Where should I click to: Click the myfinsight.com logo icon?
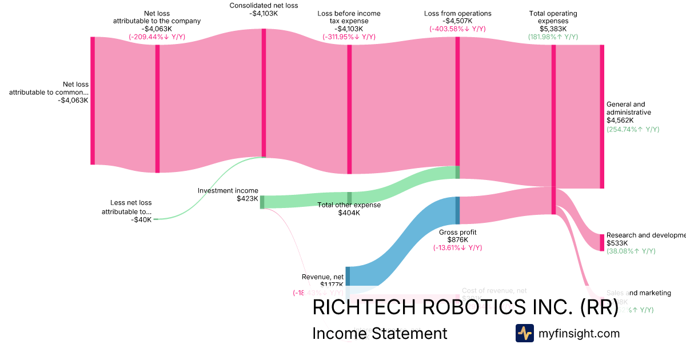pos(524,333)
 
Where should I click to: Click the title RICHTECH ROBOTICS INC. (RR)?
pos(465,307)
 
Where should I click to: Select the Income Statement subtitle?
pos(380,333)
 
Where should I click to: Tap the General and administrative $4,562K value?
pos(620,121)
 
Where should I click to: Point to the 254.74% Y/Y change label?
pos(633,129)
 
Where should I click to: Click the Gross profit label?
pos(457,233)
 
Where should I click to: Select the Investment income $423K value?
pos(248,199)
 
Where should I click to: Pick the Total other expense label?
pos(349,205)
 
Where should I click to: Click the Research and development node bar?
pos(601,242)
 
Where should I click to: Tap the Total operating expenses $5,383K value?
pos(553,29)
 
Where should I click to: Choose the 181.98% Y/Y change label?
pos(553,37)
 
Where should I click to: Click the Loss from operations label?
pos(457,14)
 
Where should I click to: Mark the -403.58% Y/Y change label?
pos(457,29)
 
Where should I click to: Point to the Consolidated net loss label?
pos(264,6)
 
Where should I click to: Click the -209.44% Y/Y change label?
pos(157,37)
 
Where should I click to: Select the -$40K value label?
pos(141,219)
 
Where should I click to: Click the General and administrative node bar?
pos(601,117)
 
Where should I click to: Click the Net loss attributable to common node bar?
pos(93,101)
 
